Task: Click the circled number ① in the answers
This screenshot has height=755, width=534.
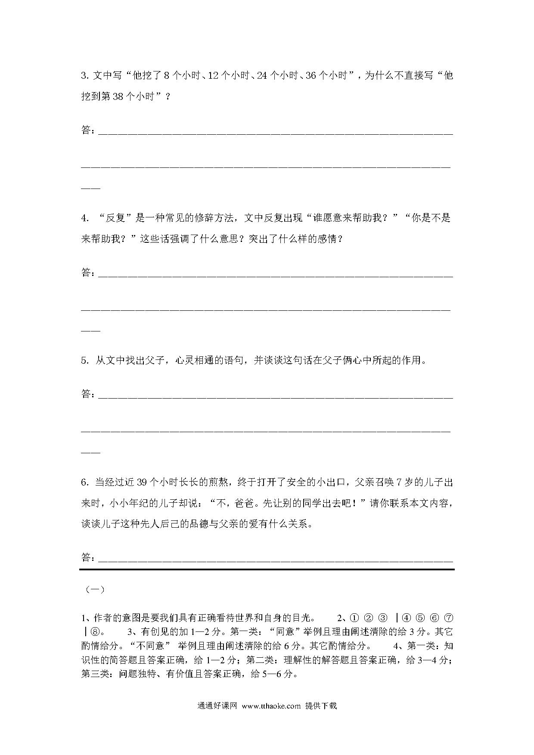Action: (x=354, y=619)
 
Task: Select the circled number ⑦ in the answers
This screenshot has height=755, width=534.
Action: (x=448, y=619)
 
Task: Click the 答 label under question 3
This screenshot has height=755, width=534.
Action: (x=86, y=130)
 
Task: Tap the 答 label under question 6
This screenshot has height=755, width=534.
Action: (x=86, y=557)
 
